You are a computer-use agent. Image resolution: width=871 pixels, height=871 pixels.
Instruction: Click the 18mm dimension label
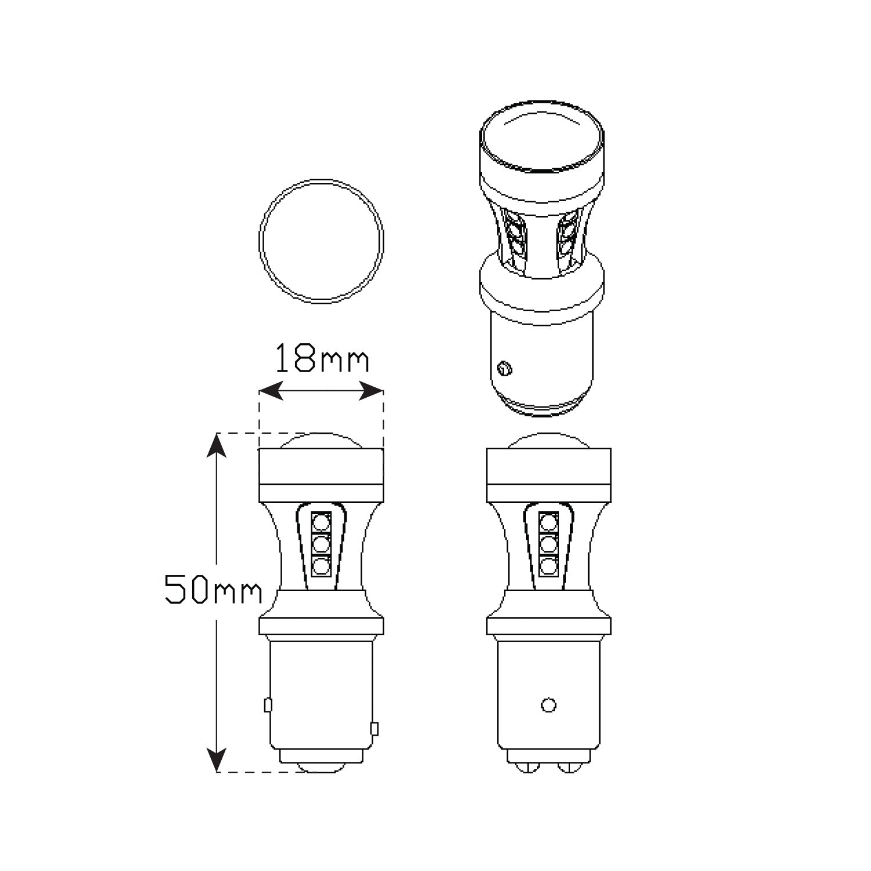[x=322, y=358]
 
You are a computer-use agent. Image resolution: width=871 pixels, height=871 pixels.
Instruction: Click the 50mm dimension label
[x=213, y=589]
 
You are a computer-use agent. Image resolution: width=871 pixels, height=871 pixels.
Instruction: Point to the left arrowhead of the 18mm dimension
[x=271, y=391]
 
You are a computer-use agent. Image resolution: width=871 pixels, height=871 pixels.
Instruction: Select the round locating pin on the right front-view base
[x=548, y=705]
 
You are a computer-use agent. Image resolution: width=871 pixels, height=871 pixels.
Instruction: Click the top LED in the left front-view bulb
[x=321, y=521]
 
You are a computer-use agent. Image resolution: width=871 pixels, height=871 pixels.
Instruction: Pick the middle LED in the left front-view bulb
[x=321, y=544]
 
